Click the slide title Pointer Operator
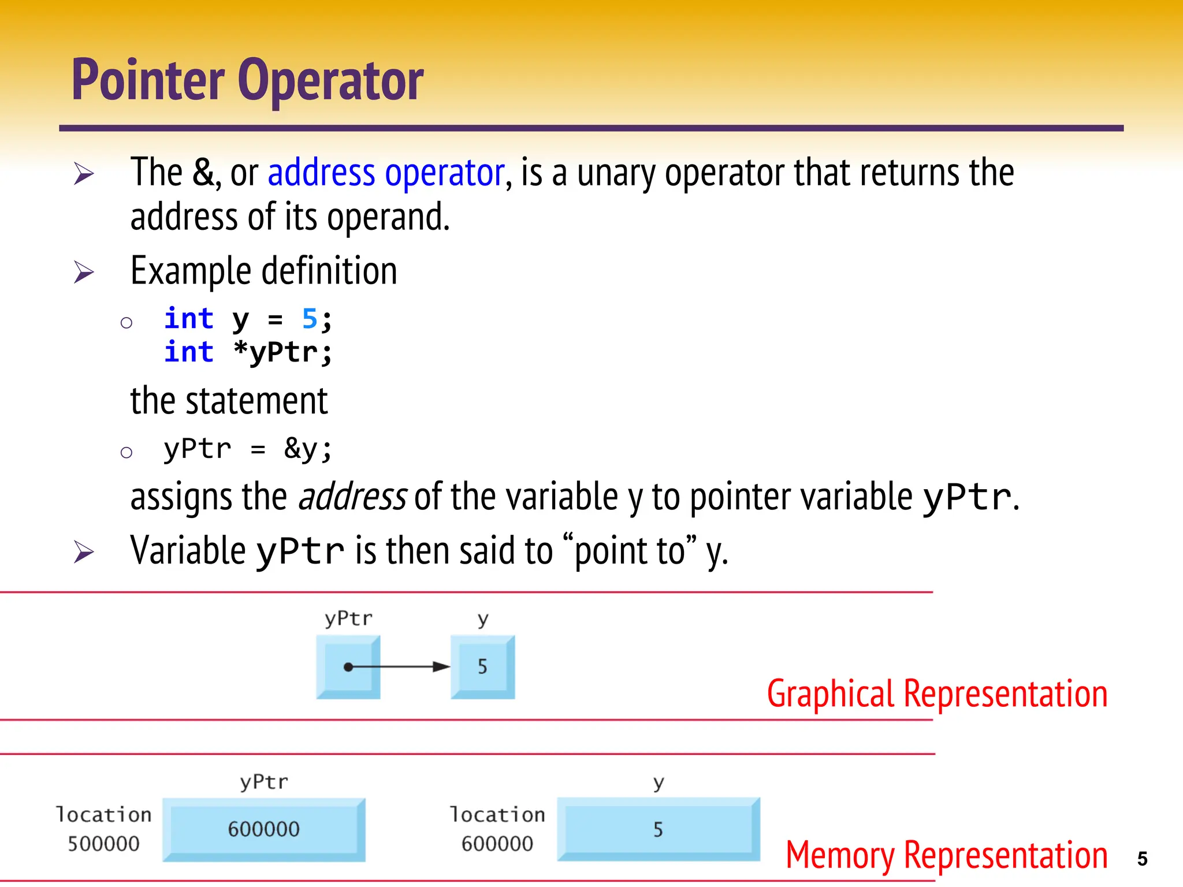[x=247, y=81]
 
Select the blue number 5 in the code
[x=310, y=318]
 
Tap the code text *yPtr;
[x=282, y=352]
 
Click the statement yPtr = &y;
[x=248, y=449]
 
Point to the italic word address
[x=352, y=497]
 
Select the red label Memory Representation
[x=946, y=855]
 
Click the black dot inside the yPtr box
[x=348, y=667]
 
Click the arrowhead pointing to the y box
[x=441, y=667]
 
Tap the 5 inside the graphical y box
[x=482, y=667]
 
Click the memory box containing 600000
[x=264, y=829]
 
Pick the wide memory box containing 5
[x=658, y=829]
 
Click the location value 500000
[x=103, y=844]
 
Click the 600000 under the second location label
[x=497, y=844]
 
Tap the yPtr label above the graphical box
[x=348, y=618]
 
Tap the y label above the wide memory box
[x=659, y=783]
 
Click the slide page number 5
[x=1142, y=859]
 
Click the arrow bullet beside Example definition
[x=84, y=272]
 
